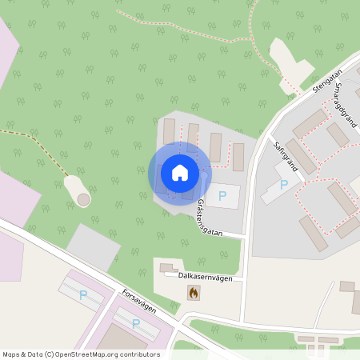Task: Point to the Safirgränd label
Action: point(285,157)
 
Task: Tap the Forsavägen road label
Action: point(138,301)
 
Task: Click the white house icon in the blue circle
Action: point(179,172)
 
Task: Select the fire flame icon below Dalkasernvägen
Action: point(192,293)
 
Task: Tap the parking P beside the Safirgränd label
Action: point(283,185)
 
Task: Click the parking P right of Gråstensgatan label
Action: point(223,195)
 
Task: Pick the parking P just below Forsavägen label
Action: point(135,324)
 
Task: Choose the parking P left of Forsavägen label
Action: point(83,296)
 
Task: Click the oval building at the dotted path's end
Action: point(78,190)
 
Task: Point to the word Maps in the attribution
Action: point(12,354)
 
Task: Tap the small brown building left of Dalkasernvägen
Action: point(166,267)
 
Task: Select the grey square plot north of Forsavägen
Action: point(93,247)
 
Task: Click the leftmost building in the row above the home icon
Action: point(169,131)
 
